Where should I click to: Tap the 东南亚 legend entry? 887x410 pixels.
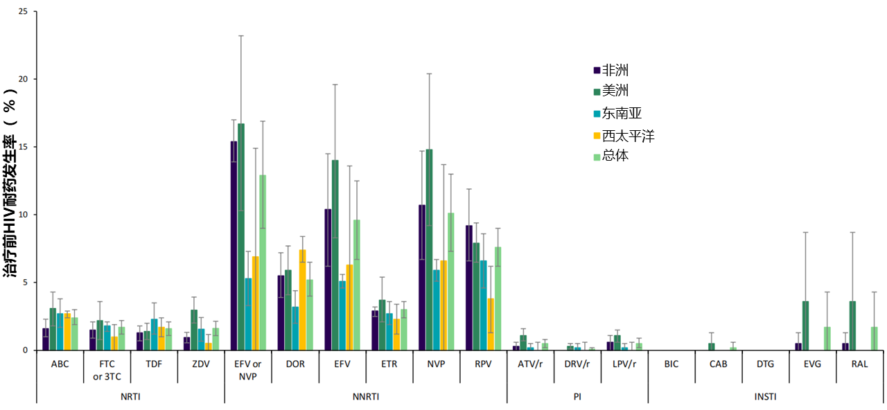pos(621,114)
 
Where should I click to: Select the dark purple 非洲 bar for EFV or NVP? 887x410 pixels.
pos(234,246)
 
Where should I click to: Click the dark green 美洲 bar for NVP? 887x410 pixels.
pos(429,249)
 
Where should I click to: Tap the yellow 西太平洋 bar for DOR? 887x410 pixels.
pos(302,300)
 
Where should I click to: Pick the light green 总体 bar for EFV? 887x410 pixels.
pos(357,285)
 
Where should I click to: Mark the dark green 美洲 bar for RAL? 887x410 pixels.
pos(852,326)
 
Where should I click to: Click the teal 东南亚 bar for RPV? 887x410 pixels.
pos(483,305)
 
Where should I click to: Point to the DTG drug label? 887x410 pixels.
pos(765,363)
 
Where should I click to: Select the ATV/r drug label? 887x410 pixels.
pos(530,363)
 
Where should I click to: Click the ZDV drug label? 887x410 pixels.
pos(200,363)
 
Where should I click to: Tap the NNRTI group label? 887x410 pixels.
pos(365,396)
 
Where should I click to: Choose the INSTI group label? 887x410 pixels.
pos(764,396)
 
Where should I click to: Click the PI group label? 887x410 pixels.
pos(577,396)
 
